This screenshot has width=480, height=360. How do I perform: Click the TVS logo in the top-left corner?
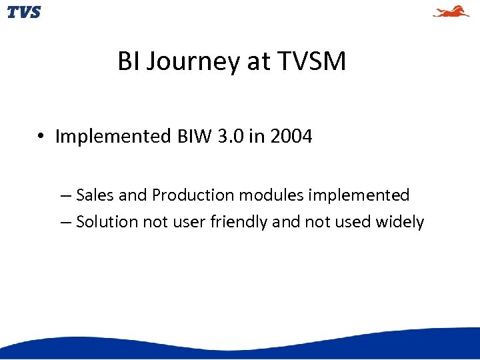[x=24, y=11]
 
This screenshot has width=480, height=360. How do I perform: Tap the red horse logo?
[x=451, y=11]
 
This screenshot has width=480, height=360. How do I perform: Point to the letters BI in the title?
[x=128, y=62]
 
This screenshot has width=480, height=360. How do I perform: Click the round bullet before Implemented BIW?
[x=41, y=137]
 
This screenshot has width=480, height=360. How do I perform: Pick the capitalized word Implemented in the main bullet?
[x=113, y=137]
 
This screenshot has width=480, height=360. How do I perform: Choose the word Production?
[x=193, y=195]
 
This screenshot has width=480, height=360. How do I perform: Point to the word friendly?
[x=239, y=222]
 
